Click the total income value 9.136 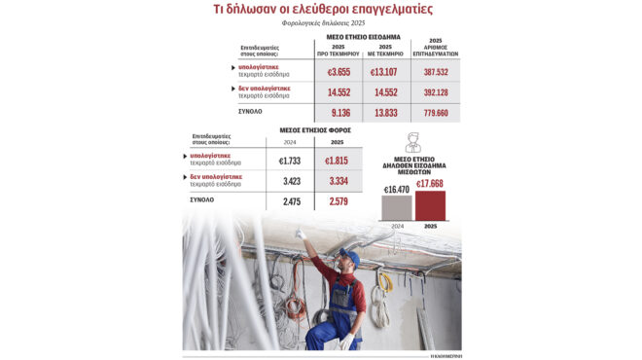(337, 114)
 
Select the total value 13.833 (385, 114)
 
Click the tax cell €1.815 (336, 159)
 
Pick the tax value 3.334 (336, 181)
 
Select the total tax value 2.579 (336, 200)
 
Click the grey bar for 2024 (396, 208)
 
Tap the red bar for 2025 (430, 205)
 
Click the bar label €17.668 (430, 184)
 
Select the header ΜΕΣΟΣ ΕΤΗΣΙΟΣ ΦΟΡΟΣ (315, 129)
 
